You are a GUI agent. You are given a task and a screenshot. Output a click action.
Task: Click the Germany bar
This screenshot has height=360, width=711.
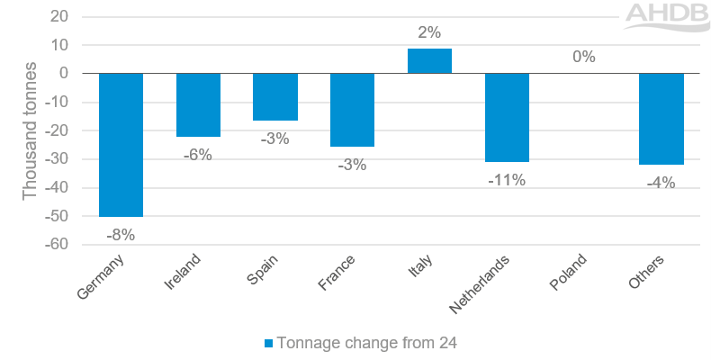click(121, 145)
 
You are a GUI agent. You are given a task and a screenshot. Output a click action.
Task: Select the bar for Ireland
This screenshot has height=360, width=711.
click(198, 104)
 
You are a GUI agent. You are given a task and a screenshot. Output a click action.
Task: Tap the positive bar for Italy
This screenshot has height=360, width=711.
click(429, 61)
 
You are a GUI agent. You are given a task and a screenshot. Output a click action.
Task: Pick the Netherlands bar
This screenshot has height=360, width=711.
click(507, 118)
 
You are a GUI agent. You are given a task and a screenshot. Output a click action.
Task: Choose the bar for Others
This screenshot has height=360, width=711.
click(661, 119)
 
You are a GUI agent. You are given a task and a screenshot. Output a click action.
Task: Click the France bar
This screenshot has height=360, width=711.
click(352, 110)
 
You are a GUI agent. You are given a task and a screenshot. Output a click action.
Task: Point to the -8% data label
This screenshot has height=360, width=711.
click(121, 235)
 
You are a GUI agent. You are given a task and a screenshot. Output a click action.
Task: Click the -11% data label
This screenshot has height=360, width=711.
click(507, 180)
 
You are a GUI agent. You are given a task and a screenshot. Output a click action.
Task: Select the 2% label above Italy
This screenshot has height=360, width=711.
click(429, 33)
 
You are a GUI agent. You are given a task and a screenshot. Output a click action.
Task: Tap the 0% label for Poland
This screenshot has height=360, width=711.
click(584, 58)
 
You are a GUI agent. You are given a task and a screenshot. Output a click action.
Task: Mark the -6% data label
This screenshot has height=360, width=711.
click(198, 155)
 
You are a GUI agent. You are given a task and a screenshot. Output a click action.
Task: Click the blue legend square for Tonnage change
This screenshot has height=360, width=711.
click(268, 342)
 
